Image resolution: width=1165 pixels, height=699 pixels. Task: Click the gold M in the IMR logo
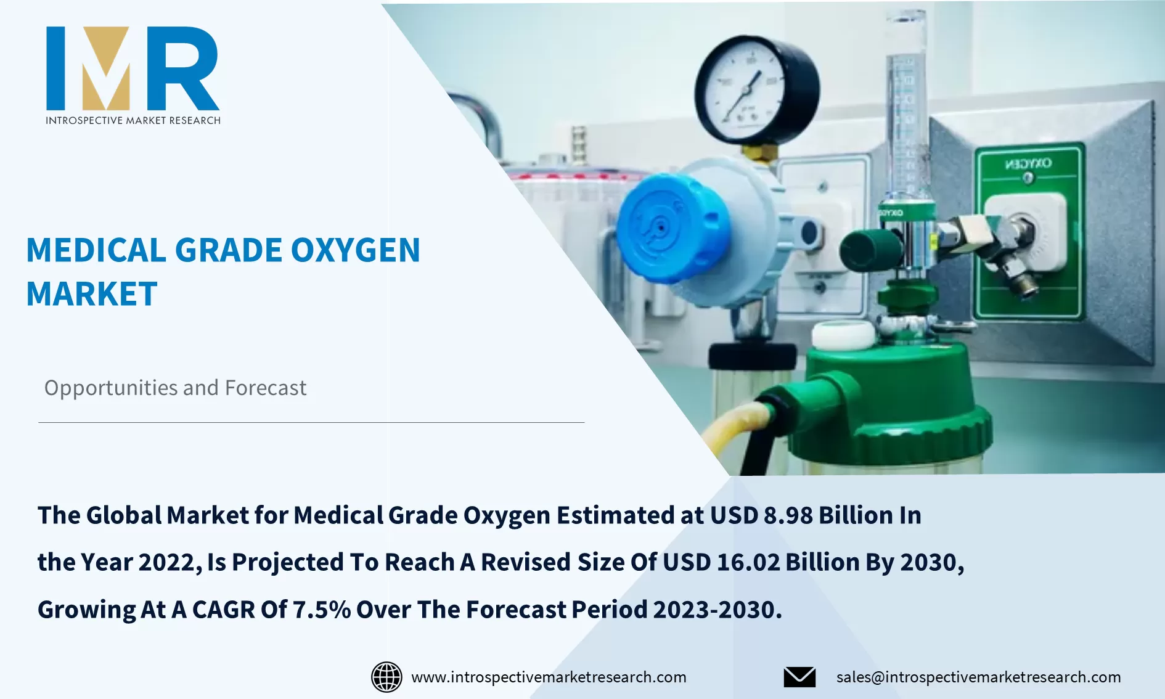(106, 68)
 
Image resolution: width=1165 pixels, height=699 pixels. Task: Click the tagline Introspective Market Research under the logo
(133, 121)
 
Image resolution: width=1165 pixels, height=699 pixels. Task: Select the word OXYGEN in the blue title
(355, 251)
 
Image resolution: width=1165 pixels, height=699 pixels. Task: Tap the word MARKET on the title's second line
(92, 294)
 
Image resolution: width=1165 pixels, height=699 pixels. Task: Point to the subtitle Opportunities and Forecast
(175, 388)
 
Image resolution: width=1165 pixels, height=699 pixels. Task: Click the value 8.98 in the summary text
(788, 515)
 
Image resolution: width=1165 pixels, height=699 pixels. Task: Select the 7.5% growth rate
(321, 610)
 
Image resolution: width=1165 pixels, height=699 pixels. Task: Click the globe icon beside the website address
(386, 677)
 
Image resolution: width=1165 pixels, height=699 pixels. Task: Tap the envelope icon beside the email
(799, 677)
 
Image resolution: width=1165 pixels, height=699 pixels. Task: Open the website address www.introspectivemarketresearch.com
(549, 677)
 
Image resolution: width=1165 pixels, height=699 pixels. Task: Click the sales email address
(978, 677)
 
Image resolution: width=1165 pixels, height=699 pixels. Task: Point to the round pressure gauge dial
(757, 90)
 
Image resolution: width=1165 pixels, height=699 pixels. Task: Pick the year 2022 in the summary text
(167, 562)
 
